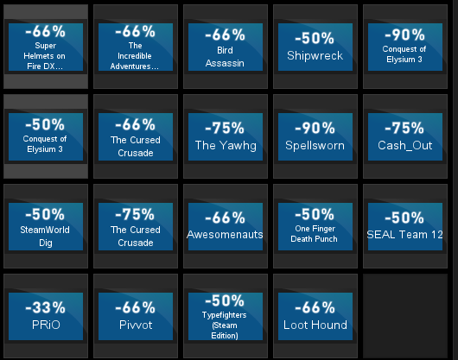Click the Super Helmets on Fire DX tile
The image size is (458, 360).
(x=46, y=47)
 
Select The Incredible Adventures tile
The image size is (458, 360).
(x=136, y=47)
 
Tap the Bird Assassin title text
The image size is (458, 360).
(x=225, y=57)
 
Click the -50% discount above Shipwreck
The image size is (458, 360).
(x=315, y=39)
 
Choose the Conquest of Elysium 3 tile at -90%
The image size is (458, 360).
(x=405, y=47)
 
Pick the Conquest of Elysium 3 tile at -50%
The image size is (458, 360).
(x=46, y=136)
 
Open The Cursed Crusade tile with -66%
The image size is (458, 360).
(x=136, y=136)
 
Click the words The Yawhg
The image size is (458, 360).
(x=226, y=146)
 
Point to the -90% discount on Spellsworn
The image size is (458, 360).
(x=315, y=129)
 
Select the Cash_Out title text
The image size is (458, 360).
(x=404, y=145)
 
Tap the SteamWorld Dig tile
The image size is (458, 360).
(x=46, y=227)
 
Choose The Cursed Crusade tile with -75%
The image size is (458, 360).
(x=136, y=227)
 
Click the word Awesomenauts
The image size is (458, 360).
(x=225, y=235)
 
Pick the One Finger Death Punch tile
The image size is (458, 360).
(x=315, y=227)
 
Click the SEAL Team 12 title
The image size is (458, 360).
(x=404, y=235)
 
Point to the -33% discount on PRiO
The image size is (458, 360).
(x=45, y=308)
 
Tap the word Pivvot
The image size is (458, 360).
(x=136, y=325)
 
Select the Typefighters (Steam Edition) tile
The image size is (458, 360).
(x=226, y=317)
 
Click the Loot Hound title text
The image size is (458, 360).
(x=315, y=325)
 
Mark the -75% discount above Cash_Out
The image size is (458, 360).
(x=404, y=129)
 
